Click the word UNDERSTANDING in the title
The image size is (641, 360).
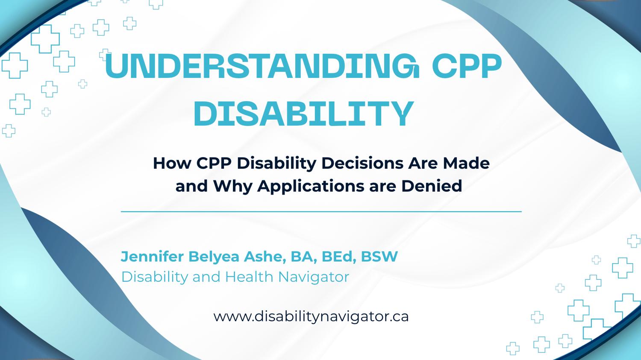tap(262, 66)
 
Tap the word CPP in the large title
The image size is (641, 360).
tap(467, 66)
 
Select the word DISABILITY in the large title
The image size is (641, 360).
tap(304, 113)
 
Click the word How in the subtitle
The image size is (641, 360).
tap(172, 163)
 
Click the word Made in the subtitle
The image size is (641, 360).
tap(466, 163)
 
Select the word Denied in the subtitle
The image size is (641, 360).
tap(432, 186)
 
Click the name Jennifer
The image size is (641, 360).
tap(152, 257)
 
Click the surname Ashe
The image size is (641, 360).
tap(265, 257)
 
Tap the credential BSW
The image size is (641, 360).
tap(379, 257)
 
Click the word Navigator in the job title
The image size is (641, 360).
tap(314, 277)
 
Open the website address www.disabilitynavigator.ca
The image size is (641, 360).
tap(311, 317)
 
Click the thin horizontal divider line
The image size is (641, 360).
tap(321, 211)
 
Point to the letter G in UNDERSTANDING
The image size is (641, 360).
tap(406, 66)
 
